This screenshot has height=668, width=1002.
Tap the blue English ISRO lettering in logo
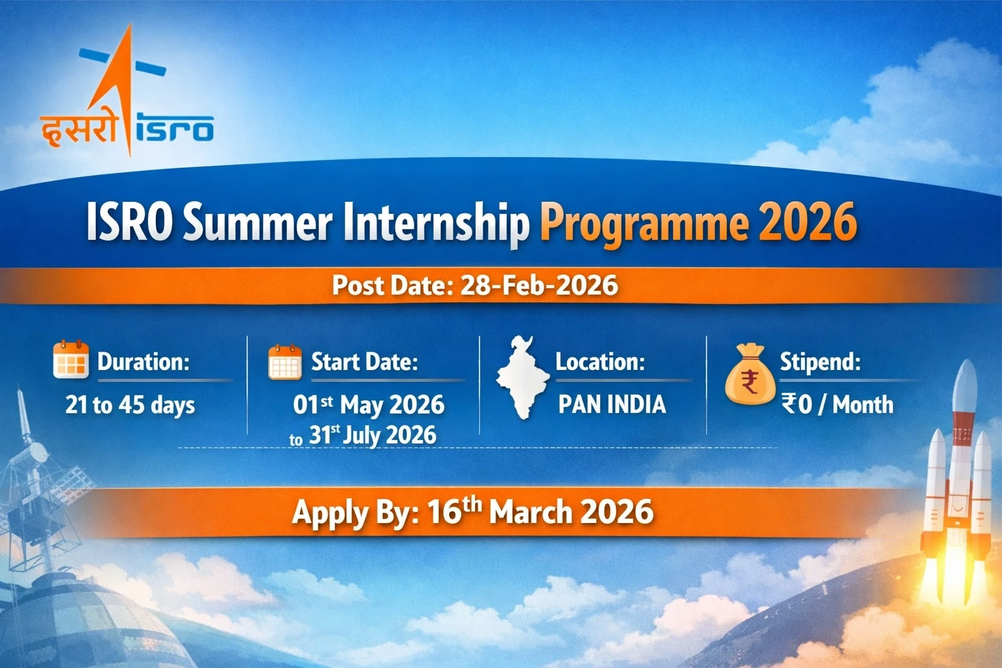[x=175, y=129]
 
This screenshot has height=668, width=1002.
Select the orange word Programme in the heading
[x=643, y=224]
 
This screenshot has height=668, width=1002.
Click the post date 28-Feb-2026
[x=539, y=286]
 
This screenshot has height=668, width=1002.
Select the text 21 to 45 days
[x=130, y=405]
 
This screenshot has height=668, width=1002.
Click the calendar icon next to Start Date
[x=285, y=362]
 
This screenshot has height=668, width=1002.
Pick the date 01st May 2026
[x=369, y=405]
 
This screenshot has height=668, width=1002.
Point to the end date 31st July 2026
[x=372, y=435]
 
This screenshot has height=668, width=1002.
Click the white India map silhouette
[x=522, y=378]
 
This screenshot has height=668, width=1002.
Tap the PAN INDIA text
[x=612, y=404]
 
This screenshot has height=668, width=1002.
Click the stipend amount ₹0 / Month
[x=837, y=405]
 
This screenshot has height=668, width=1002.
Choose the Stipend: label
[x=820, y=361]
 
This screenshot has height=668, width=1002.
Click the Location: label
[x=600, y=361]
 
